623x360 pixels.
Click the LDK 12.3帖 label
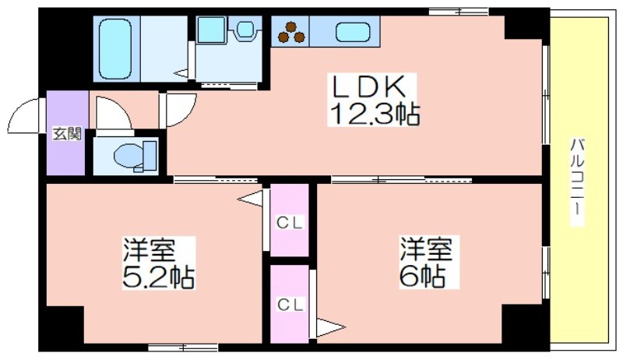point(373,100)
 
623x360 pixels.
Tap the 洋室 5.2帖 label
point(158,263)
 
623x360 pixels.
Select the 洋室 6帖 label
point(426,263)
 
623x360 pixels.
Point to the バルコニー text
point(577,182)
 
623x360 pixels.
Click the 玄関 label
point(67,133)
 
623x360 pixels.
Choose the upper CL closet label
point(290,223)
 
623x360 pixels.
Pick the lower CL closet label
point(290,305)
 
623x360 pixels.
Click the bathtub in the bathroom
point(115,49)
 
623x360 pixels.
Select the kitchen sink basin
point(353,32)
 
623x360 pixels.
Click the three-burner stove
point(291,32)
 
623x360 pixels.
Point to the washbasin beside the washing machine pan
point(245,29)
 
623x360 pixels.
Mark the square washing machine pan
point(212,30)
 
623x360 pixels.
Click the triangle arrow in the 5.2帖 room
point(250,198)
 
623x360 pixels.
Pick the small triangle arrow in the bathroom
point(181,73)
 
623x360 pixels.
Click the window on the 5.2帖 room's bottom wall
point(183,348)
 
